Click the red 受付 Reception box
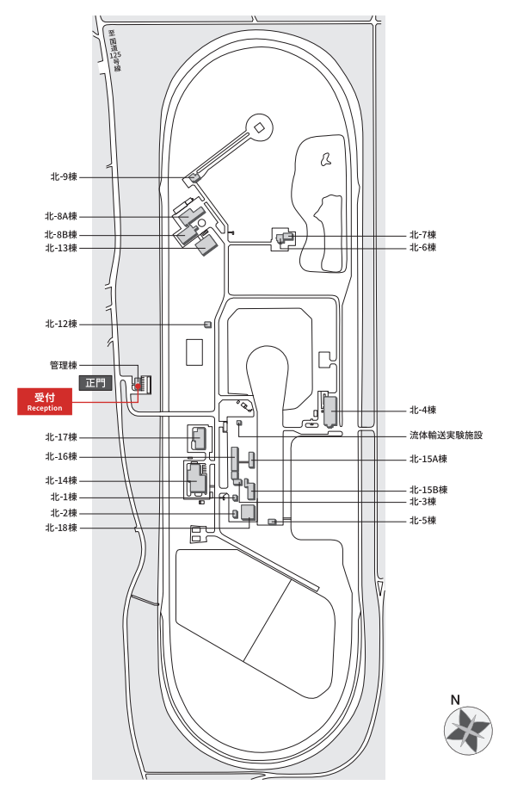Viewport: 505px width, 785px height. [45, 401]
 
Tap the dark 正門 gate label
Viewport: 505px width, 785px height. [95, 383]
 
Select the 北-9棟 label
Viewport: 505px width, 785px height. [64, 176]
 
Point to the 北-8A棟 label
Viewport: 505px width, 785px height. [61, 216]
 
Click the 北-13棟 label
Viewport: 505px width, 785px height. [61, 248]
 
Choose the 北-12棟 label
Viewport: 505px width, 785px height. [61, 324]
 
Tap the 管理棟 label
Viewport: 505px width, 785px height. [64, 365]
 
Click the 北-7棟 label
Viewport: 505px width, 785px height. [423, 235]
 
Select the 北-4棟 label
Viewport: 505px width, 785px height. [423, 410]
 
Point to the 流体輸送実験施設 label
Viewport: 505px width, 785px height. [446, 435]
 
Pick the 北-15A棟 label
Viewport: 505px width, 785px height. [428, 459]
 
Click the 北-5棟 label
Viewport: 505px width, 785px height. [423, 520]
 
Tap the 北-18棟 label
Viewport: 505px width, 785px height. [61, 528]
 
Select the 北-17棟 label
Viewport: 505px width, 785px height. [61, 437]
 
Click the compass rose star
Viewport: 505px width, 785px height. [468, 731]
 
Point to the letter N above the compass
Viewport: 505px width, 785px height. [455, 700]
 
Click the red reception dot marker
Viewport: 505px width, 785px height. [138, 386]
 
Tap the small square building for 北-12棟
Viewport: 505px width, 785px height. [207, 325]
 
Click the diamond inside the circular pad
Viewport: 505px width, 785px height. [259, 127]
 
